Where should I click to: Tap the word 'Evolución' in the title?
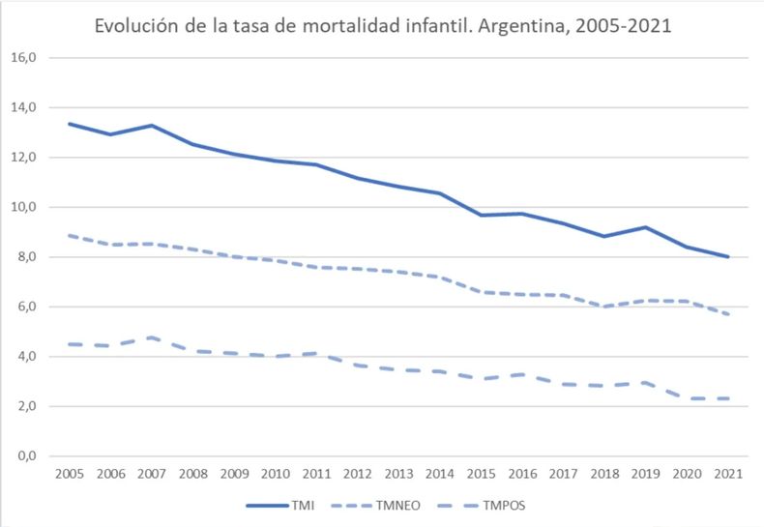[x=134, y=26]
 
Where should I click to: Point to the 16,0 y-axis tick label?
[x=22, y=57]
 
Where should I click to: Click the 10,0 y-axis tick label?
[x=22, y=207]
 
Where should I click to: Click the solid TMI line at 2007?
[x=151, y=125]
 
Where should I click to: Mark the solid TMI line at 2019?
[x=645, y=227]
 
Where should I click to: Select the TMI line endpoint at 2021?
[x=727, y=257]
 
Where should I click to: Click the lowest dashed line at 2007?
[x=151, y=337]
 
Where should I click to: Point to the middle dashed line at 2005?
[x=69, y=235]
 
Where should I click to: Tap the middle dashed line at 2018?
[x=603, y=307]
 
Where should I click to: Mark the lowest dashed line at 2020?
[x=686, y=398]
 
